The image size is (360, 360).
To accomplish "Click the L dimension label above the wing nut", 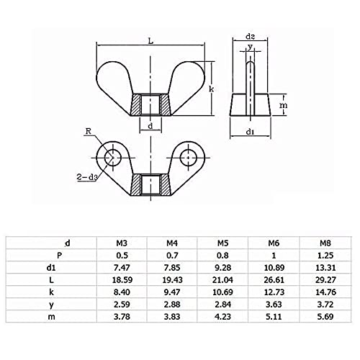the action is point(150,41).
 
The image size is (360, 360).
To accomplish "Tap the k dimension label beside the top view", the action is point(212,89).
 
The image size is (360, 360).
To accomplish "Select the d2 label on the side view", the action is point(251,37).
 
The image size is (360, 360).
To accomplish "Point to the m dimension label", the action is point(284,105).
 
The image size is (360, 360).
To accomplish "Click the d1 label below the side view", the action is point(251,132).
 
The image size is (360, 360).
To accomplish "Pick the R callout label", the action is point(89,131).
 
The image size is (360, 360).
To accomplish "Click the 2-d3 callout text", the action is point(86,177).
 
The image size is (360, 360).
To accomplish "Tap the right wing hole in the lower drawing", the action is point(189,158).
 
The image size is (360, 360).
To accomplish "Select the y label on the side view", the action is point(250,46).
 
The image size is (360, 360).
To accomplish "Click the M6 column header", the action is point(274,243).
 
